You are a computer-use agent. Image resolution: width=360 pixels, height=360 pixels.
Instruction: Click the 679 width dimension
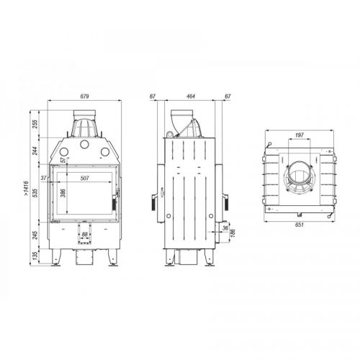(84, 96)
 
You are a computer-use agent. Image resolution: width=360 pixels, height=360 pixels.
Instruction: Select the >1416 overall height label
(26, 188)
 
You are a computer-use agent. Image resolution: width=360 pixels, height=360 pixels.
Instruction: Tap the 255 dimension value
(35, 124)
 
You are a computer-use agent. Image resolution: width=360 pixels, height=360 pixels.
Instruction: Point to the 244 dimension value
(35, 150)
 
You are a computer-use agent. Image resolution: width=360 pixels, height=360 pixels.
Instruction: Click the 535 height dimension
(35, 193)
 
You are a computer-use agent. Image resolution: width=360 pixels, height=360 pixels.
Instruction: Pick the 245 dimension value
(35, 235)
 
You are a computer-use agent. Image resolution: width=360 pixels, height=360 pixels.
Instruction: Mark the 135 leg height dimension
(35, 256)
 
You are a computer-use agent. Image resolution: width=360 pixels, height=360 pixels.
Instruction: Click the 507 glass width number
(85, 178)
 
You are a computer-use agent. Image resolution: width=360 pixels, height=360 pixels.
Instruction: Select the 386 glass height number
(63, 194)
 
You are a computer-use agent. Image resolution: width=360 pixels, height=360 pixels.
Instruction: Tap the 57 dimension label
(63, 160)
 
